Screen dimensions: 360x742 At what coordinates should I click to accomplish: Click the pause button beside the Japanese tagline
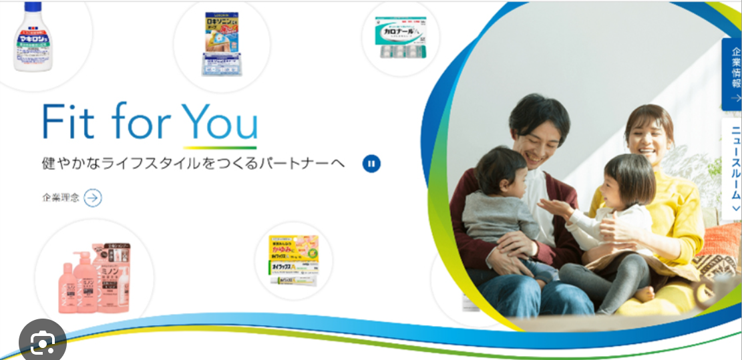click(372, 164)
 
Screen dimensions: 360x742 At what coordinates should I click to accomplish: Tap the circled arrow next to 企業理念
click(93, 197)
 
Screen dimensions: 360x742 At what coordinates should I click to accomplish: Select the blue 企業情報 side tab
click(732, 73)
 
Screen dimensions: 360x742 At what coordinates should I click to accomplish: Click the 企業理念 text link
click(61, 198)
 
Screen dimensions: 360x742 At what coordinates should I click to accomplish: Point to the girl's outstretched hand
click(552, 206)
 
